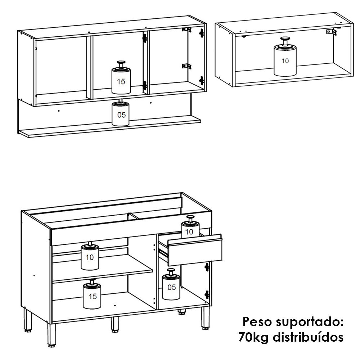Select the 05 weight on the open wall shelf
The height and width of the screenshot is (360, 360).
tap(120, 113)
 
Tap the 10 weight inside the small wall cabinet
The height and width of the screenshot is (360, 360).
tap(285, 57)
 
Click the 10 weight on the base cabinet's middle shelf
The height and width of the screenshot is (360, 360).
tap(90, 256)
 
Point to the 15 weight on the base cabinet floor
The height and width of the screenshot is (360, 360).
tap(92, 294)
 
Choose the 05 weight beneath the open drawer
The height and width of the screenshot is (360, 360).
tap(171, 284)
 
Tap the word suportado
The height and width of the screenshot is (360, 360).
tap(310, 323)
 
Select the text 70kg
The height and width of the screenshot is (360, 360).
tap(253, 337)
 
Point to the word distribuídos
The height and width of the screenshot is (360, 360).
tap(308, 337)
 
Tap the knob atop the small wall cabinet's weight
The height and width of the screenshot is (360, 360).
tap(285, 41)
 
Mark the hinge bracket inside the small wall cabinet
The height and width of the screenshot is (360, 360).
tap(331, 31)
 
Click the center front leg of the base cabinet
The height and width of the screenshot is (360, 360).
tap(115, 325)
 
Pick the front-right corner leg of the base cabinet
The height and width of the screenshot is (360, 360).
tap(206, 318)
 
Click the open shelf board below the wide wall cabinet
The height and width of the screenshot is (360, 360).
tap(110, 127)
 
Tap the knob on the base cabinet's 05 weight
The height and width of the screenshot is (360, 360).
tap(171, 272)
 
